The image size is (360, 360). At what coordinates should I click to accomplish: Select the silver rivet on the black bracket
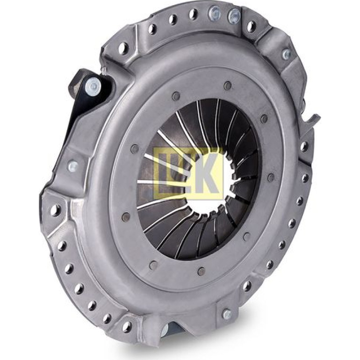(94, 86)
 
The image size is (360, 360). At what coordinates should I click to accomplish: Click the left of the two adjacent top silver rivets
(214, 14)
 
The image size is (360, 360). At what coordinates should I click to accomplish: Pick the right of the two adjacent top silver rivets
(234, 16)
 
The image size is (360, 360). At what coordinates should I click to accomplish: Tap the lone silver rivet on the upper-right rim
(287, 54)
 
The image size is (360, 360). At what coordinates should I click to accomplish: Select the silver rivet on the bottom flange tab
(227, 314)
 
